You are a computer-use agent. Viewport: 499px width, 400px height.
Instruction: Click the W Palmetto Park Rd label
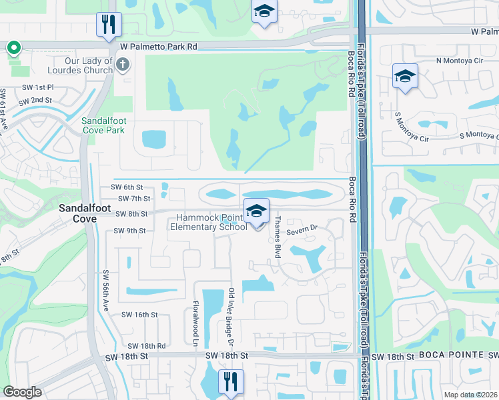click(x=159, y=47)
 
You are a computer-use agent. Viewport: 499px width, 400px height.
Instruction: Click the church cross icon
click(x=122, y=64)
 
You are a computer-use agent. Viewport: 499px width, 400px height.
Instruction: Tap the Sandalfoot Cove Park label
click(x=103, y=125)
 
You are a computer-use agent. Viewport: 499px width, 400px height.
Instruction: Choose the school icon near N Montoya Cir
click(x=405, y=76)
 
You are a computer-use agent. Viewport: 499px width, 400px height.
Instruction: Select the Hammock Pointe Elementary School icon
click(x=256, y=211)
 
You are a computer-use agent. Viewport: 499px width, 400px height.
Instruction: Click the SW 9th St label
click(x=129, y=231)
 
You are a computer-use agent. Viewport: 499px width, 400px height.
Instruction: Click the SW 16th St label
click(x=139, y=314)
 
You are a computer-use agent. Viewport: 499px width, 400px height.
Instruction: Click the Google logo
click(x=23, y=392)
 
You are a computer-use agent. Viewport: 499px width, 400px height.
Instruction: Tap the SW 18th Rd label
click(x=146, y=345)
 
